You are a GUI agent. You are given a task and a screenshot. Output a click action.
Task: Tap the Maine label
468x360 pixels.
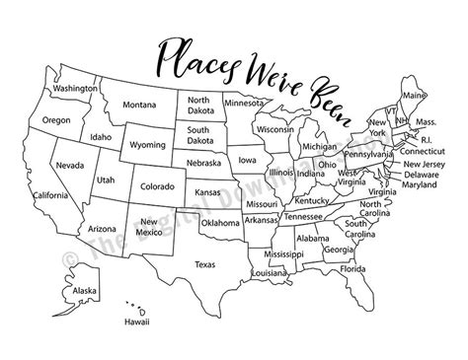click(415, 96)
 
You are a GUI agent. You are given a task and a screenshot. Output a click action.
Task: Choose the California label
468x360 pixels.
click(49, 195)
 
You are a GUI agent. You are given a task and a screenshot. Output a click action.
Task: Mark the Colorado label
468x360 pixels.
click(158, 184)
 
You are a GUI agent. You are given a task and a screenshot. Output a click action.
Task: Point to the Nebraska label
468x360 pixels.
click(201, 162)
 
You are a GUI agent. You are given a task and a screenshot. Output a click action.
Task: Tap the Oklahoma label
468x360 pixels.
click(218, 223)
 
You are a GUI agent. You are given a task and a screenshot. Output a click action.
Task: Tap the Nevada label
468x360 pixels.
click(69, 165)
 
